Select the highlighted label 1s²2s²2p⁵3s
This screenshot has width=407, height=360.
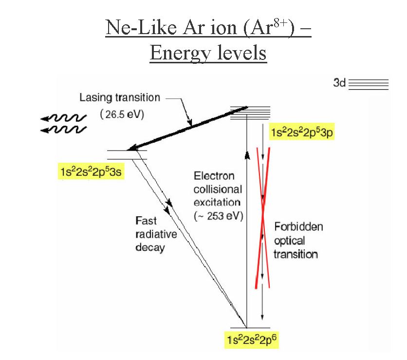(92, 172)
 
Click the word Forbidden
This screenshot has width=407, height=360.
(298, 227)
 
